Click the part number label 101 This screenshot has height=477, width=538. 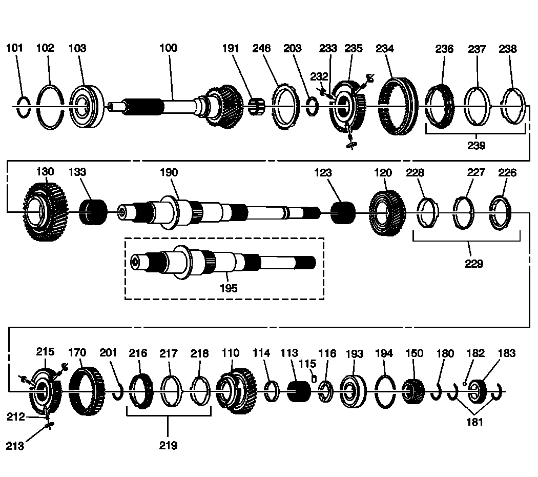14,48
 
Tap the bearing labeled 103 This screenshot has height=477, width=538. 86,107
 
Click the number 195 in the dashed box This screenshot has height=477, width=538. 228,288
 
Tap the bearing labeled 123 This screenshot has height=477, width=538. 342,212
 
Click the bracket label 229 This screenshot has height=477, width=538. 474,264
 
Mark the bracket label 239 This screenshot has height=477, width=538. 476,146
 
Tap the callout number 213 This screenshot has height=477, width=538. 15,446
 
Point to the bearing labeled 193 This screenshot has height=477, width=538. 353,392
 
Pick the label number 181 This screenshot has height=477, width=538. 474,423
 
